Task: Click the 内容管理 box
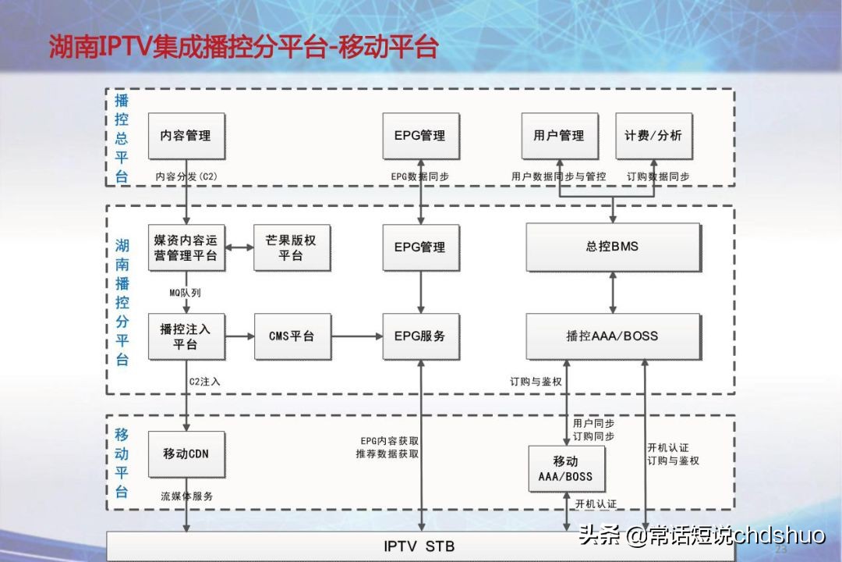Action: (x=186, y=136)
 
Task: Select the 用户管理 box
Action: (x=559, y=136)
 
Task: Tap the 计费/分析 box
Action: (x=653, y=136)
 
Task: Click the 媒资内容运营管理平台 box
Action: (x=186, y=247)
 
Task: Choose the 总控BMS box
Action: (x=612, y=247)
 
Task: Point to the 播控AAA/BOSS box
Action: (x=612, y=336)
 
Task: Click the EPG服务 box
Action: (x=420, y=336)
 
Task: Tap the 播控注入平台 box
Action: (x=186, y=336)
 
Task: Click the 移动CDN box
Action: (x=186, y=454)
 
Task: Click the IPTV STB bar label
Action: (x=419, y=546)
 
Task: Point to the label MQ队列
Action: (x=186, y=293)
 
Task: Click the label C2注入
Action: (x=206, y=382)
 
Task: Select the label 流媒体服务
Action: (x=187, y=496)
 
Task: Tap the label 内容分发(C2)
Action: (x=186, y=176)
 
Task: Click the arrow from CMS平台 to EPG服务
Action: (x=356, y=336)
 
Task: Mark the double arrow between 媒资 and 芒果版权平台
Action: (x=239, y=247)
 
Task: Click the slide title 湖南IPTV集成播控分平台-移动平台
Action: (x=244, y=46)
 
